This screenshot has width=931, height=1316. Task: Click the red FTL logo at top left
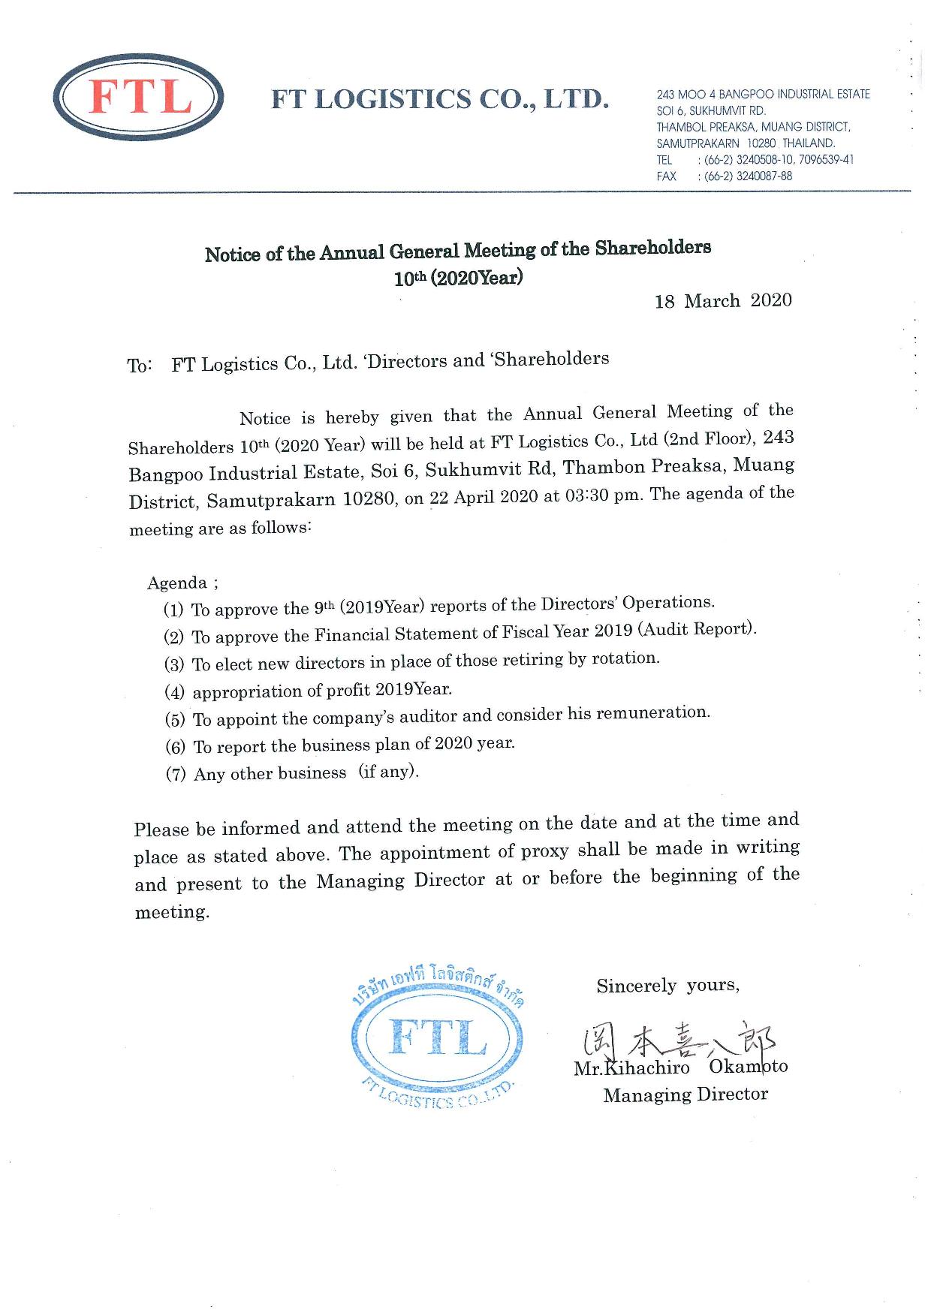pyautogui.click(x=140, y=98)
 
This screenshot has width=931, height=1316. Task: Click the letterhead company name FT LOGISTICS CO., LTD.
pyautogui.click(x=439, y=98)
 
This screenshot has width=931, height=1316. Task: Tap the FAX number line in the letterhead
pyautogui.click(x=724, y=176)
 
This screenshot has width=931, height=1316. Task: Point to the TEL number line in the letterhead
pyautogui.click(x=755, y=160)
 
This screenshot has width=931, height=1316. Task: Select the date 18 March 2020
pyautogui.click(x=723, y=301)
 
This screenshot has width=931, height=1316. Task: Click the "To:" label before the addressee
pyautogui.click(x=140, y=366)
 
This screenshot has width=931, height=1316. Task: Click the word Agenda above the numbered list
pyautogui.click(x=177, y=583)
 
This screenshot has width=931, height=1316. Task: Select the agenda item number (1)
pyautogui.click(x=173, y=610)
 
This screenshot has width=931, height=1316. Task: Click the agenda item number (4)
pyautogui.click(x=174, y=692)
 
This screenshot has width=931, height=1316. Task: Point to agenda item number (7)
pyautogui.click(x=176, y=775)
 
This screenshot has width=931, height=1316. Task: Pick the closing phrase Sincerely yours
pyautogui.click(x=667, y=986)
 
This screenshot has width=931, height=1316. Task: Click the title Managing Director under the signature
pyautogui.click(x=685, y=1095)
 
